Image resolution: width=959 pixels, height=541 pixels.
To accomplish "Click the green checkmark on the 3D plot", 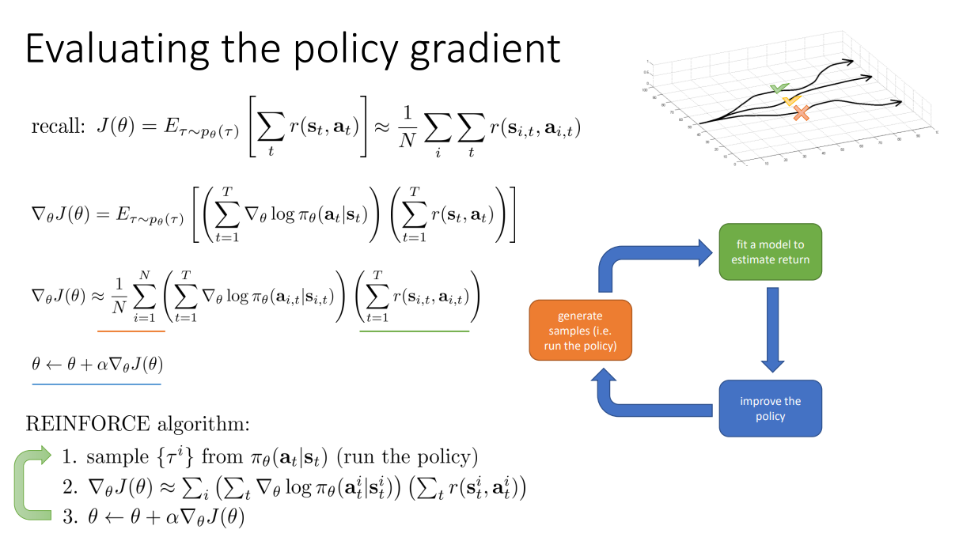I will (779, 89).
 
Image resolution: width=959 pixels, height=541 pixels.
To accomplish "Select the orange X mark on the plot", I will (801, 114).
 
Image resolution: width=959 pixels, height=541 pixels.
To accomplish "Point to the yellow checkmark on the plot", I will (790, 101).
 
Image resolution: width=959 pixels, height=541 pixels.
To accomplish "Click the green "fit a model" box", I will (770, 252).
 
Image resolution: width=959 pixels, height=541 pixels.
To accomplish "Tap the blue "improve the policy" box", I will (770, 408).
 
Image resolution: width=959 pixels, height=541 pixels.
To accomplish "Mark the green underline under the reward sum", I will (414, 331).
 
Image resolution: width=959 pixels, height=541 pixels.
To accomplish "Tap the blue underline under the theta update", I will (96, 384).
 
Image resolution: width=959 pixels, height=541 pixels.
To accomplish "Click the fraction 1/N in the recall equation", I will (407, 126).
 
